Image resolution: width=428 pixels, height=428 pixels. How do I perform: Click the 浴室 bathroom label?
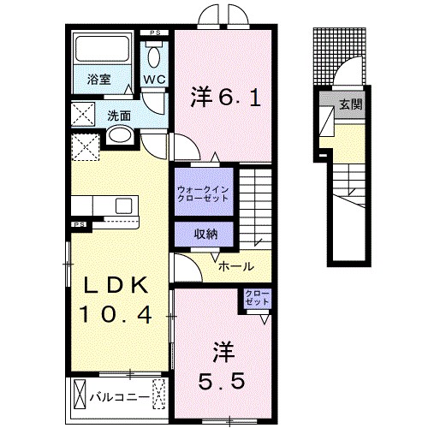click(98, 80)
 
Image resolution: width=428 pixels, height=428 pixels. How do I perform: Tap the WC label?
click(154, 80)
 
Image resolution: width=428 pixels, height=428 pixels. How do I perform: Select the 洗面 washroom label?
click(118, 115)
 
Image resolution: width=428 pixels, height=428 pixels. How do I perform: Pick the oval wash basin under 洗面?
click(120, 135)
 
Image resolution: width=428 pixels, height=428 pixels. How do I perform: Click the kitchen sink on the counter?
click(122, 205)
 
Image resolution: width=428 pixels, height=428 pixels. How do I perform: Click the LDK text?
click(117, 285)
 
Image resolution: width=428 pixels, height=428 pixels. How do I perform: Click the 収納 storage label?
click(203, 233)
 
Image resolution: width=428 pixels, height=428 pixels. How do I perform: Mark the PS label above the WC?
click(155, 33)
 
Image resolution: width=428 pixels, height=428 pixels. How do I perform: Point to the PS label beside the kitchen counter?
click(79, 225)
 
